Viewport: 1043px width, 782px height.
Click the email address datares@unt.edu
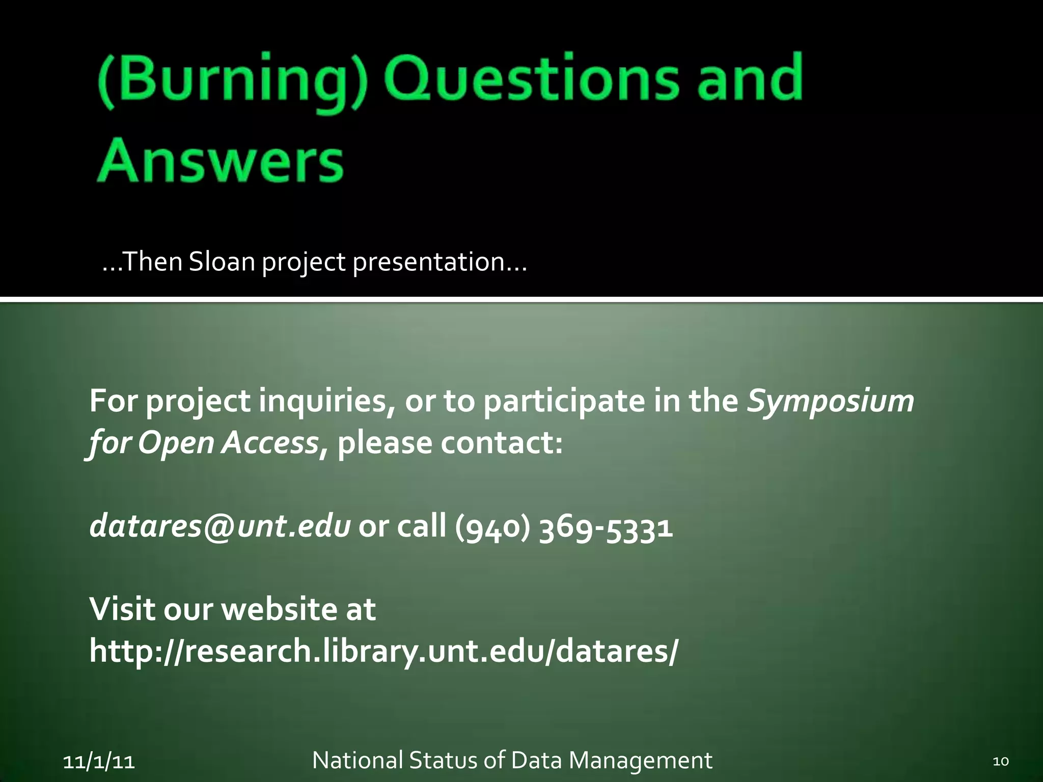coord(219,526)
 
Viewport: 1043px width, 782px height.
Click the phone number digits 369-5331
coord(606,526)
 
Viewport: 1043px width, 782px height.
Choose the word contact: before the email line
coord(502,443)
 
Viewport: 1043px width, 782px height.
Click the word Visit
coord(122,609)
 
